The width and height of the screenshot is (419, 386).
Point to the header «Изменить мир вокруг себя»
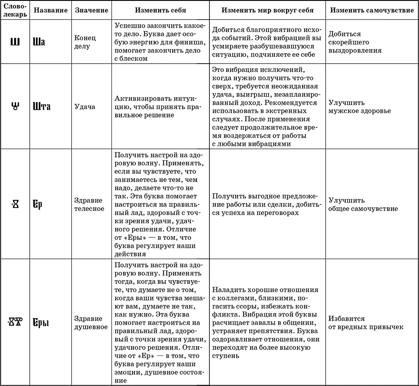tap(267, 10)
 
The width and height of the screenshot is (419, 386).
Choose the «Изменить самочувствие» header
tap(372, 10)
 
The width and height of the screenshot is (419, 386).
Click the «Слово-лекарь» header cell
tap(15, 10)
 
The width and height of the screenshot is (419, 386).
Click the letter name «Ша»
tap(39, 42)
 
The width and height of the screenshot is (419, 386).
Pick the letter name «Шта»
tap(41, 106)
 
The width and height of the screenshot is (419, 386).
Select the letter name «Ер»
tap(38, 204)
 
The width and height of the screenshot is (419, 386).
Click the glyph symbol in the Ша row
tap(15, 42)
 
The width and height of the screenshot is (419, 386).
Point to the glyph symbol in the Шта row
tap(15, 106)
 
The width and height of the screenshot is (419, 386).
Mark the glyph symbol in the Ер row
tap(15, 204)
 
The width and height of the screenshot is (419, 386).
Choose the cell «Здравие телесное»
tap(89, 204)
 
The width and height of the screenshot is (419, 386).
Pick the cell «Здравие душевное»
tap(91, 322)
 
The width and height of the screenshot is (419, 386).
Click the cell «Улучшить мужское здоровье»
tap(360, 107)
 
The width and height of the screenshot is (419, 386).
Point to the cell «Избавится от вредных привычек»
tap(366, 322)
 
